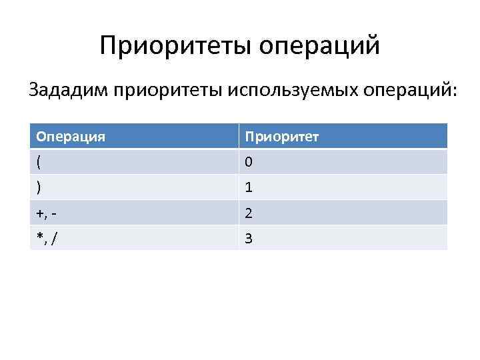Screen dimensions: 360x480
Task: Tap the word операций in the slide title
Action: point(319,46)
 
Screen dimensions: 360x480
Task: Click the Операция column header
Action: point(71,137)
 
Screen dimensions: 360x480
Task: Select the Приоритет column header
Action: point(281,137)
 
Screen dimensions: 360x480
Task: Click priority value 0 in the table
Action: point(249,163)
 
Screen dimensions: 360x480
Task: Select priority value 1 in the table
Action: point(249,188)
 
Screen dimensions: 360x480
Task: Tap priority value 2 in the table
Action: point(249,213)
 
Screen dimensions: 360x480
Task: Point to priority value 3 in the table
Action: point(249,238)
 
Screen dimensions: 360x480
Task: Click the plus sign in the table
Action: point(40,213)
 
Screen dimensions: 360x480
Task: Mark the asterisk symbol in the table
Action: point(39,237)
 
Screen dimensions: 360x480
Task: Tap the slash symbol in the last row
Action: point(53,238)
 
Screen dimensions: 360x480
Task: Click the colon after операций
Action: point(455,91)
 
